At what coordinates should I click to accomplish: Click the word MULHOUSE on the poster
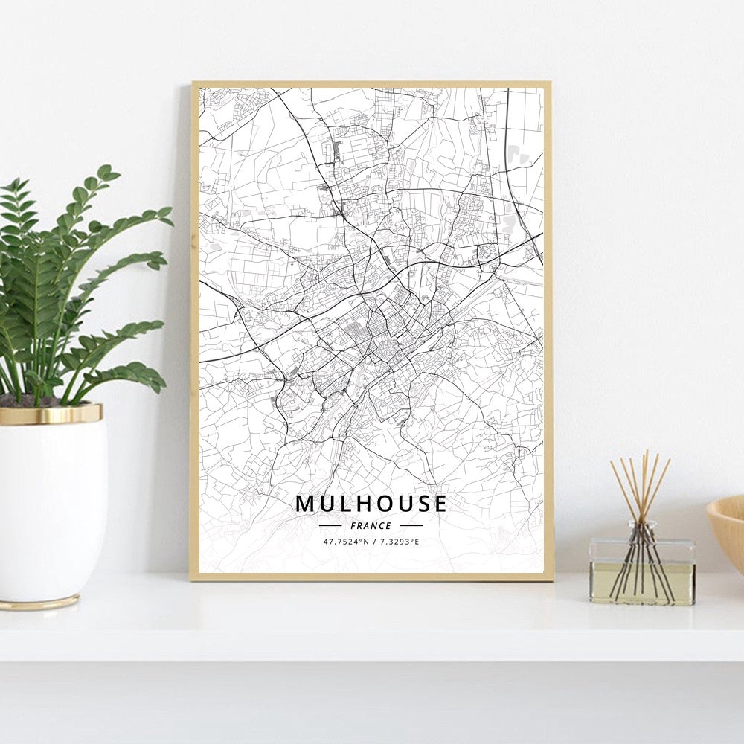coord(371,504)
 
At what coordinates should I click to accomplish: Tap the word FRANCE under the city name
coord(371,526)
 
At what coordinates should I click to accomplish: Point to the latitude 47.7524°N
coord(346,542)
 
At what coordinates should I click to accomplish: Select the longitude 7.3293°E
coord(399,542)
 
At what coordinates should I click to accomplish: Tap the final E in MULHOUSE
coord(440,504)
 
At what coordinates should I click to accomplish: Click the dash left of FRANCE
coord(330,526)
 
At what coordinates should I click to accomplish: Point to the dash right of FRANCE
coord(411,526)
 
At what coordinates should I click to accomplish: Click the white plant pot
coord(52,506)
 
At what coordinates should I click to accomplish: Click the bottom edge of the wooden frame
coord(371,577)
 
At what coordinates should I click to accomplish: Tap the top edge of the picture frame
coord(371,84)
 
